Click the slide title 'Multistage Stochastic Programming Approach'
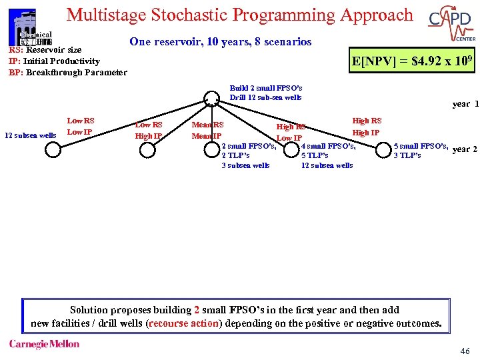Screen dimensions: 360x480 coord(240,15)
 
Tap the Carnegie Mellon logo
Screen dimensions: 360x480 coord(44,344)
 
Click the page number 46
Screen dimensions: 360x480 coord(465,351)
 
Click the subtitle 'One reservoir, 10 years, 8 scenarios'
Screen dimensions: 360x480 coord(220,41)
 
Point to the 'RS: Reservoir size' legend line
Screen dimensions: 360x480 coord(45,50)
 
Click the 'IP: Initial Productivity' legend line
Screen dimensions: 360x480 coord(54,61)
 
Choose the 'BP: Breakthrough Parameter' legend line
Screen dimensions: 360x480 coord(67,72)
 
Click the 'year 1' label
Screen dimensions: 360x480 coord(465,103)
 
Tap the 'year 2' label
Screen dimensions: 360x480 coord(465,149)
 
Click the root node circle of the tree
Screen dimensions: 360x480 coord(211,102)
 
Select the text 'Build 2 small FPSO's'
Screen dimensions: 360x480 coord(265,88)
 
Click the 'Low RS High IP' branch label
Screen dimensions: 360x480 coord(149,130)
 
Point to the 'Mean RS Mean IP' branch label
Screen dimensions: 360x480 coord(207,130)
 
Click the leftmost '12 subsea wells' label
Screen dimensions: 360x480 coord(31,136)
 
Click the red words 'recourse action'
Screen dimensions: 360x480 coord(184,324)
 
